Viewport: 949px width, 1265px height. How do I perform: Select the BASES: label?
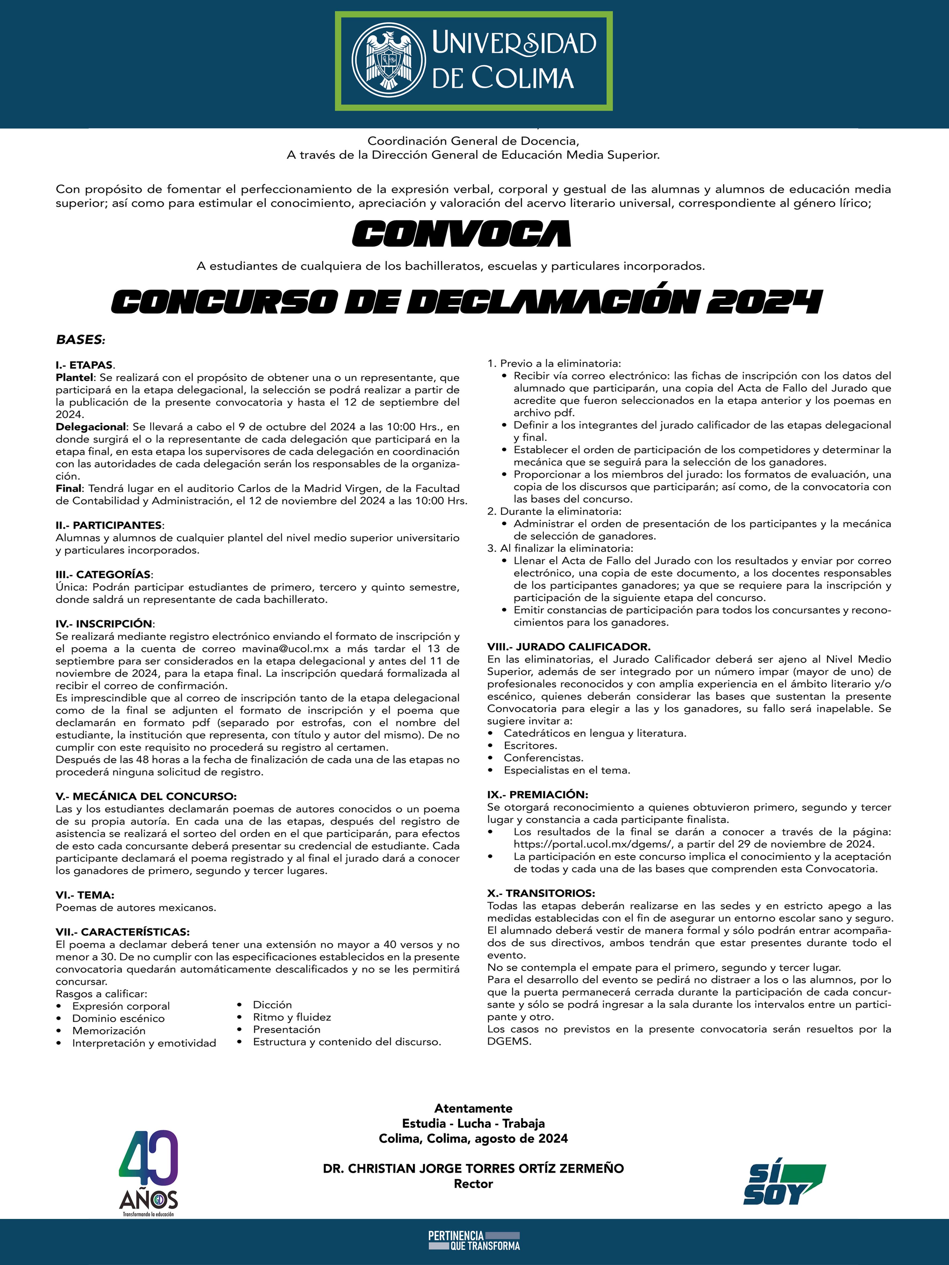[x=80, y=340]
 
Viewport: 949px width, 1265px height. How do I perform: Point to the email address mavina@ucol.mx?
[x=285, y=649]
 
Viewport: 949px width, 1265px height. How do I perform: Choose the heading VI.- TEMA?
[x=85, y=895]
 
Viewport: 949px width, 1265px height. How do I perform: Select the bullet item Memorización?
[x=109, y=1030]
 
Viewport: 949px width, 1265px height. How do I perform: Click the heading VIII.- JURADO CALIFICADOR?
[x=569, y=647]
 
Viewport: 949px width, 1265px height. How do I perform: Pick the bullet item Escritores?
[x=530, y=745]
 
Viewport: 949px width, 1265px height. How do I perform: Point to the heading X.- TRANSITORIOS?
[x=541, y=893]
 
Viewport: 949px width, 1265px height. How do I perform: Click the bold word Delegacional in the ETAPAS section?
[x=90, y=427]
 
